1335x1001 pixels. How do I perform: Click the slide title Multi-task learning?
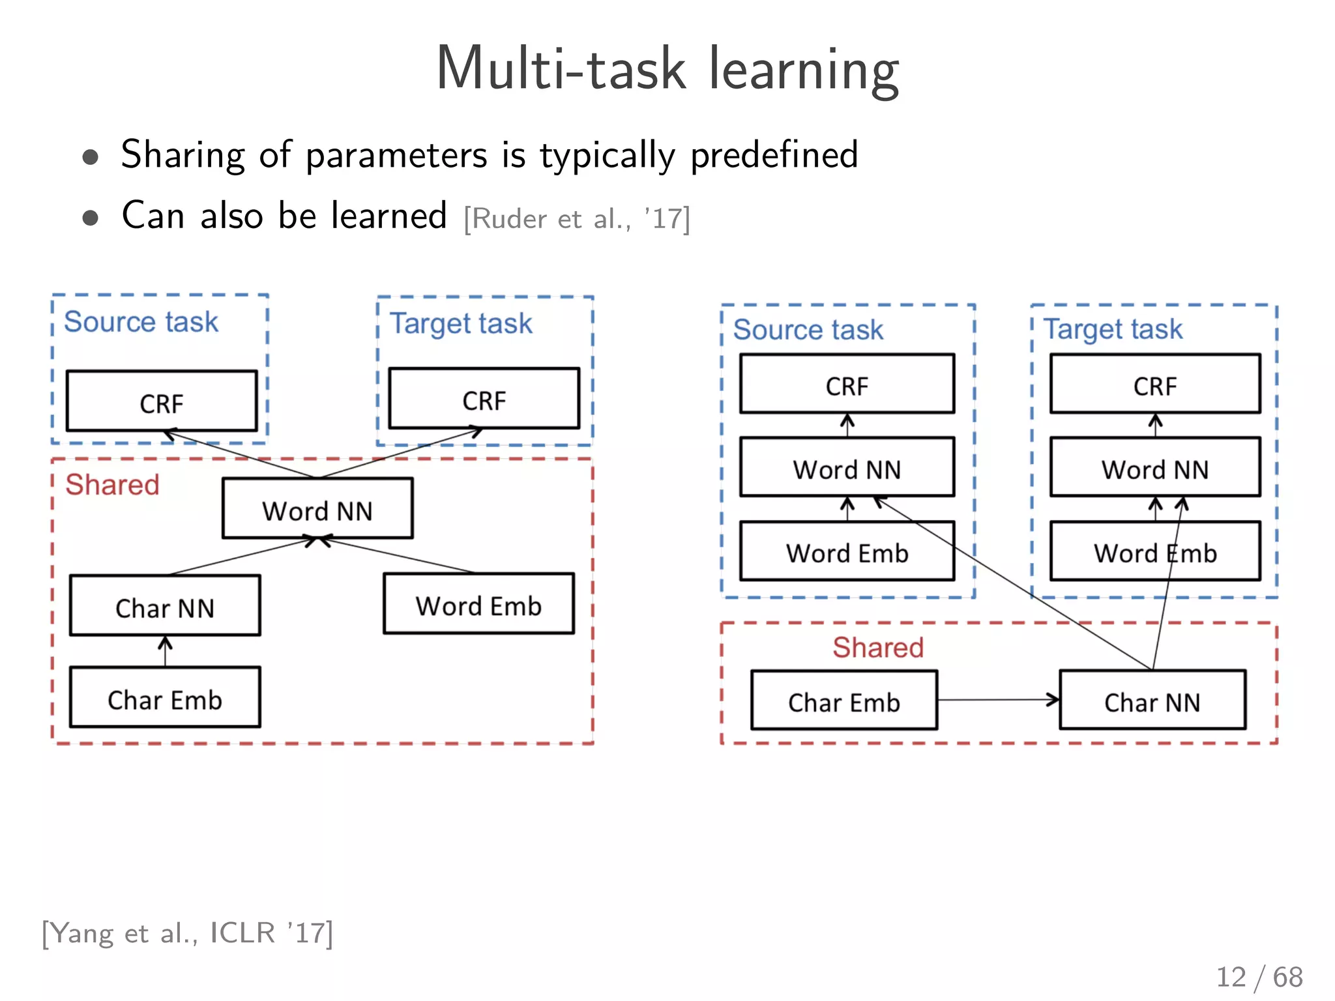667,69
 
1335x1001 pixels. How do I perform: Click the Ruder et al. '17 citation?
576,219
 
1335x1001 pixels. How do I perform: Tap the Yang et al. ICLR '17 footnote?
188,933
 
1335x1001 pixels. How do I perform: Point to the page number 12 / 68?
1259,977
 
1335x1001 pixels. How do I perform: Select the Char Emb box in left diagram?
165,697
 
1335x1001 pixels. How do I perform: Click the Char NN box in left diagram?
165,605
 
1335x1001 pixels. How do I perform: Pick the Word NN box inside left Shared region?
317,509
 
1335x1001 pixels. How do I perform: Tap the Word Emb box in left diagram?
478,604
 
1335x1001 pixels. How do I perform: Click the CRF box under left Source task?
162,401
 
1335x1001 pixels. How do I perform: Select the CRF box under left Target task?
484,399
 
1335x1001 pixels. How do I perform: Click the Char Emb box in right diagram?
844,701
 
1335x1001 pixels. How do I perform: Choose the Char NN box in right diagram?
1152,701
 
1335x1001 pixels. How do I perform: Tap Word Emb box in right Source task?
847,551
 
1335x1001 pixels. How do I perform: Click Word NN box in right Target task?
1154,468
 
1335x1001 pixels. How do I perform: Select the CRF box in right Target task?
1154,384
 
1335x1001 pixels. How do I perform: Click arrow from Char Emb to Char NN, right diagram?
997,700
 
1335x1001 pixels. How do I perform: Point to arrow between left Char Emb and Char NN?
165,651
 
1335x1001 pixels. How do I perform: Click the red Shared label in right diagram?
877,647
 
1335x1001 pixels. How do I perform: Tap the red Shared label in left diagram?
112,485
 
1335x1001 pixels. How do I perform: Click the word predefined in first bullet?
774,155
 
